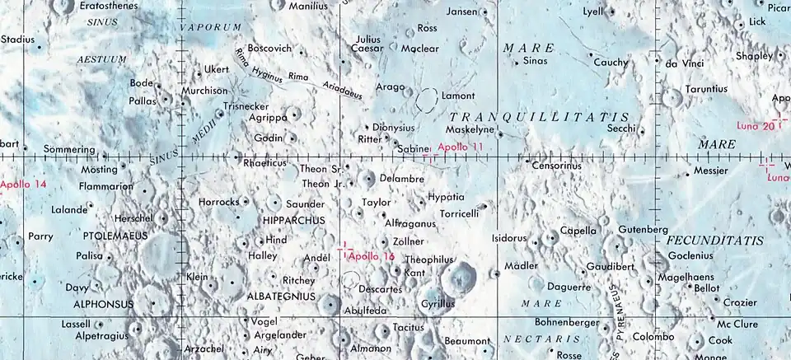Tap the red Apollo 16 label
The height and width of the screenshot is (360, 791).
pos(372,256)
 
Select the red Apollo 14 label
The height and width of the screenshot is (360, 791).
pos(24,184)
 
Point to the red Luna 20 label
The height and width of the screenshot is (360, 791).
pos(756,126)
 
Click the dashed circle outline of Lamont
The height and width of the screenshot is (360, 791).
pos(428,101)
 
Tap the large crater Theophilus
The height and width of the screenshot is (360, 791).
pos(457,278)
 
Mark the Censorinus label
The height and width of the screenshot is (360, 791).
pos(557,166)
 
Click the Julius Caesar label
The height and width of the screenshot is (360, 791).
pos(368,44)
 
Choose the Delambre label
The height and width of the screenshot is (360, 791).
pos(402,179)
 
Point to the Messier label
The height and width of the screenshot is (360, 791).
pos(712,171)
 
